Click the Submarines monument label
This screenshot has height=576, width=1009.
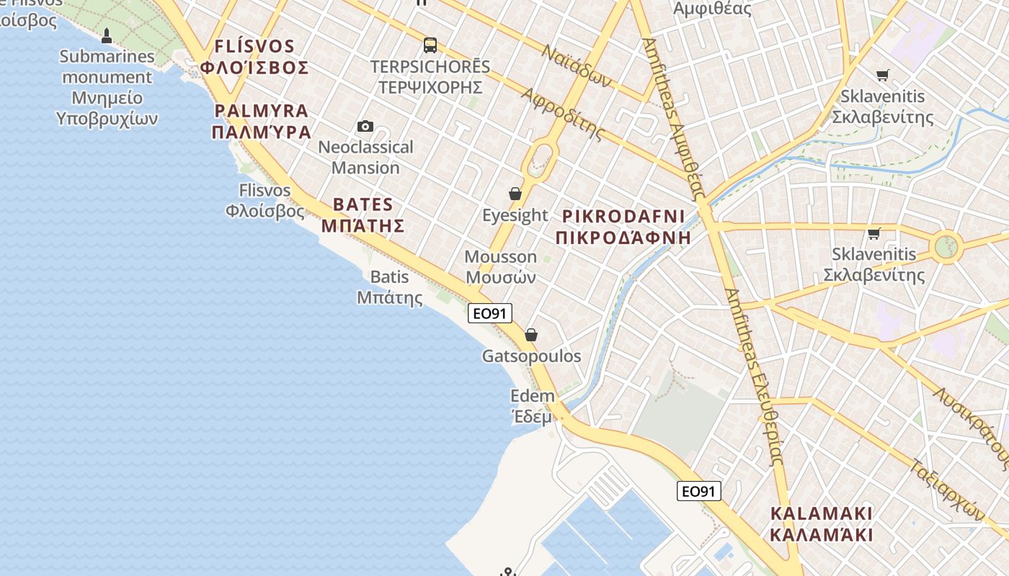107,87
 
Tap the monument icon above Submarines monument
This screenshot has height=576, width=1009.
107,35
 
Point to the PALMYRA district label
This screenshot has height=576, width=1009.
262,112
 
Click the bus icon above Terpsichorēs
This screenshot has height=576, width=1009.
430,45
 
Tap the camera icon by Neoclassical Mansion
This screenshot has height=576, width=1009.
365,127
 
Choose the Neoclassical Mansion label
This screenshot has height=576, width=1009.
365,157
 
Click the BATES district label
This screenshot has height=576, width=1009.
363,204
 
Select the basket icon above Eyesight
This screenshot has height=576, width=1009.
515,194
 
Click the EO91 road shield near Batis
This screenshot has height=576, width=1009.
490,313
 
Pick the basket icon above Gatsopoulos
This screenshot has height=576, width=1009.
531,335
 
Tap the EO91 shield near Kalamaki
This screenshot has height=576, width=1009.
699,491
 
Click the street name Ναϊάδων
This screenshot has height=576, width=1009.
577,66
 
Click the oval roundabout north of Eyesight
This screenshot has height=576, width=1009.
541,159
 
